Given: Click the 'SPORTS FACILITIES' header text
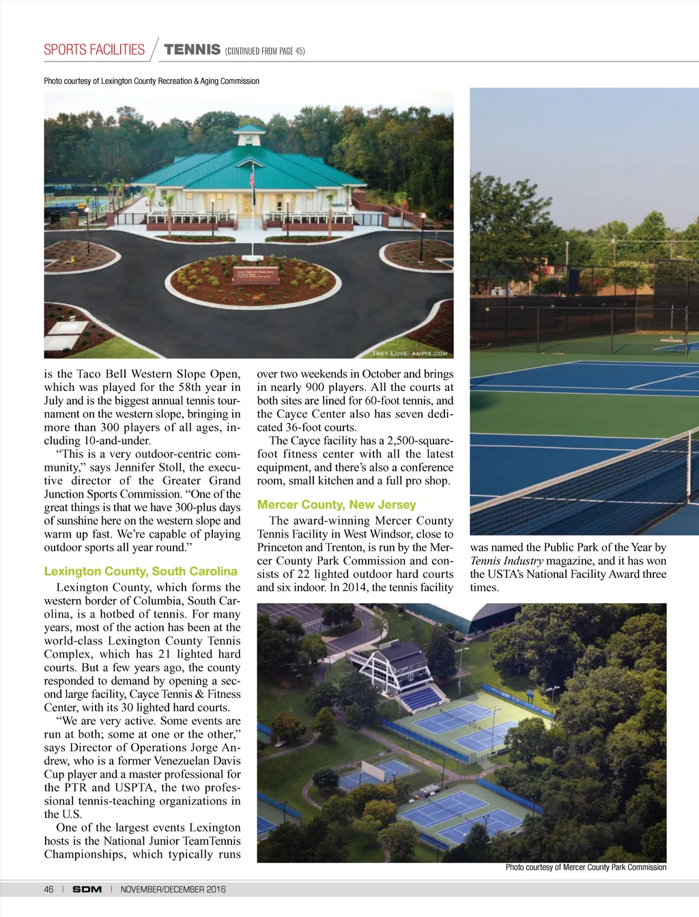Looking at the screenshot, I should (94, 50).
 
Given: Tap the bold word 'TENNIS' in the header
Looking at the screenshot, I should (192, 50).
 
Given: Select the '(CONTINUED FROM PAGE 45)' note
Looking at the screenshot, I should (265, 51).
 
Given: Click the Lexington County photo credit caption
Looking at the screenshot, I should (152, 81).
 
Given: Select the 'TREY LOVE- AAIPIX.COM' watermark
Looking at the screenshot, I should (410, 353).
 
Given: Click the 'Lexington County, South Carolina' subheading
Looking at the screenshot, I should (141, 572).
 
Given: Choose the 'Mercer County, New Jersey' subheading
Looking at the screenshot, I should (337, 505).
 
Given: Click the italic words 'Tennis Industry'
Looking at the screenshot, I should (505, 561).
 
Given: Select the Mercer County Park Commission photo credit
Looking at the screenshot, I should (586, 868).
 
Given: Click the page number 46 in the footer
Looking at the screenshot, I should (48, 890).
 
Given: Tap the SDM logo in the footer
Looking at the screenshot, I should (87, 890).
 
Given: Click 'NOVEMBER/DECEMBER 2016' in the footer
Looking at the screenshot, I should (173, 890).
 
